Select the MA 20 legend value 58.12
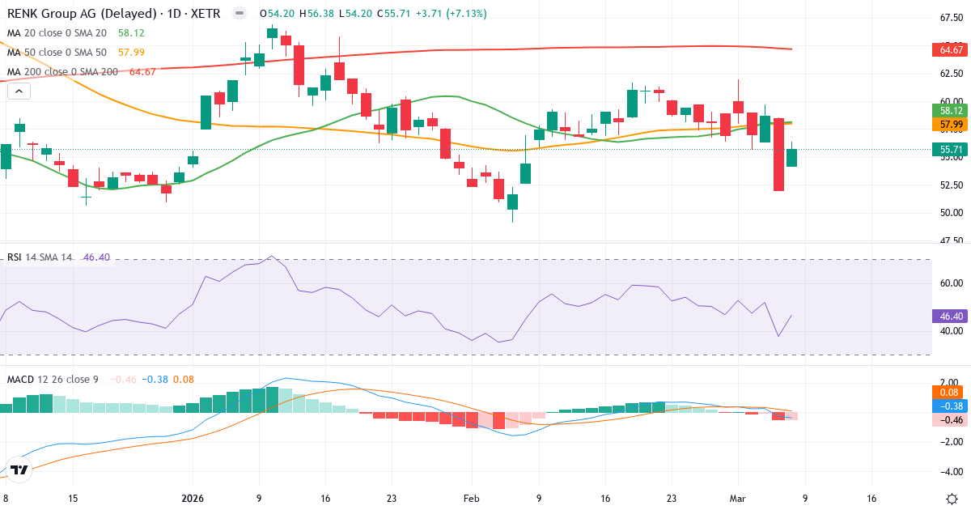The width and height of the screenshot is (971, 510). click(x=132, y=32)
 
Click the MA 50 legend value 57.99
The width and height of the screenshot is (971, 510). click(x=132, y=52)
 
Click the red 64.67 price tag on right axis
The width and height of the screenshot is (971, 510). click(x=951, y=50)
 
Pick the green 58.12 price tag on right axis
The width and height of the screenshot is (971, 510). click(x=951, y=110)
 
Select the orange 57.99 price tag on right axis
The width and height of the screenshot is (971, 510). click(x=951, y=125)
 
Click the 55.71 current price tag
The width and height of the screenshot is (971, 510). click(x=951, y=150)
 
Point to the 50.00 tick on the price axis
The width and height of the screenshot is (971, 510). click(x=951, y=213)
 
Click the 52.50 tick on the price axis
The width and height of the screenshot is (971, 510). click(x=951, y=185)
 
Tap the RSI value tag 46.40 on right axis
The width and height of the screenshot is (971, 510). click(x=951, y=315)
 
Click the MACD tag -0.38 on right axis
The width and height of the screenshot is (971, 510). click(x=951, y=406)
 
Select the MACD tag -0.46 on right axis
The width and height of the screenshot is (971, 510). click(x=951, y=420)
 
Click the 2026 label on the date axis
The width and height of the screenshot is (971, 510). click(x=193, y=498)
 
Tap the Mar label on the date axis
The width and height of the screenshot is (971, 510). click(x=736, y=498)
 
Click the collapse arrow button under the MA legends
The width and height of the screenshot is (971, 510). click(x=19, y=91)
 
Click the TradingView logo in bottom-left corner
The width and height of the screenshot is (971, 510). click(x=19, y=470)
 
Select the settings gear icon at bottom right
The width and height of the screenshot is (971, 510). click(x=952, y=498)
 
